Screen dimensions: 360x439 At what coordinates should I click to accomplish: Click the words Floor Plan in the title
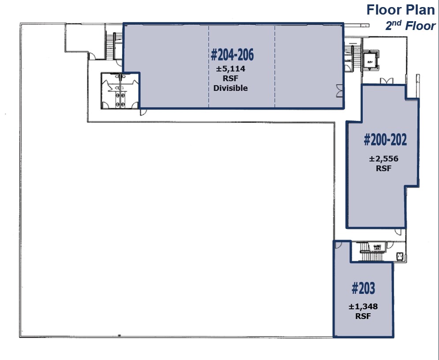pos(400,10)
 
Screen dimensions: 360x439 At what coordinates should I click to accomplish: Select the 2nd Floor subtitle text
pos(410,26)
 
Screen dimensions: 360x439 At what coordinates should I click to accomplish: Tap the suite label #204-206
pos(232,55)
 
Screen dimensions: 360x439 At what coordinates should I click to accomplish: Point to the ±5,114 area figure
pos(231,69)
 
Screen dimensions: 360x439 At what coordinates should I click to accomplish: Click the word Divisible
pos(231,88)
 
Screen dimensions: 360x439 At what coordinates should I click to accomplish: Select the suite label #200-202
pos(385,140)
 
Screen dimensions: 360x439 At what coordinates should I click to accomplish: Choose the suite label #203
pos(363,289)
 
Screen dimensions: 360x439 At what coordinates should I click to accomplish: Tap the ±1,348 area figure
pos(363,307)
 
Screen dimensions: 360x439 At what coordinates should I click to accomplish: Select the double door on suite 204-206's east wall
pos(339,90)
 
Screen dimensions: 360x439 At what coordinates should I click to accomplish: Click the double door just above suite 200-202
pos(387,80)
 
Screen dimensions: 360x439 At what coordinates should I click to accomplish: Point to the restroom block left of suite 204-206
pos(119,90)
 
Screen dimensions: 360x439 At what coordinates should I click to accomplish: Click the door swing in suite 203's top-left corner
pos(339,245)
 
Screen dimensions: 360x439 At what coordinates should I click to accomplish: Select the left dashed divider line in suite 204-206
pos(208,66)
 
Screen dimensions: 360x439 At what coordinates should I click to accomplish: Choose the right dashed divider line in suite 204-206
pos(275,66)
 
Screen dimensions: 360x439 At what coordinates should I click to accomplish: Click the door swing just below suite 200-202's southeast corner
pos(399,232)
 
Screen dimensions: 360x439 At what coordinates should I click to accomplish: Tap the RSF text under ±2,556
pos(383,168)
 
